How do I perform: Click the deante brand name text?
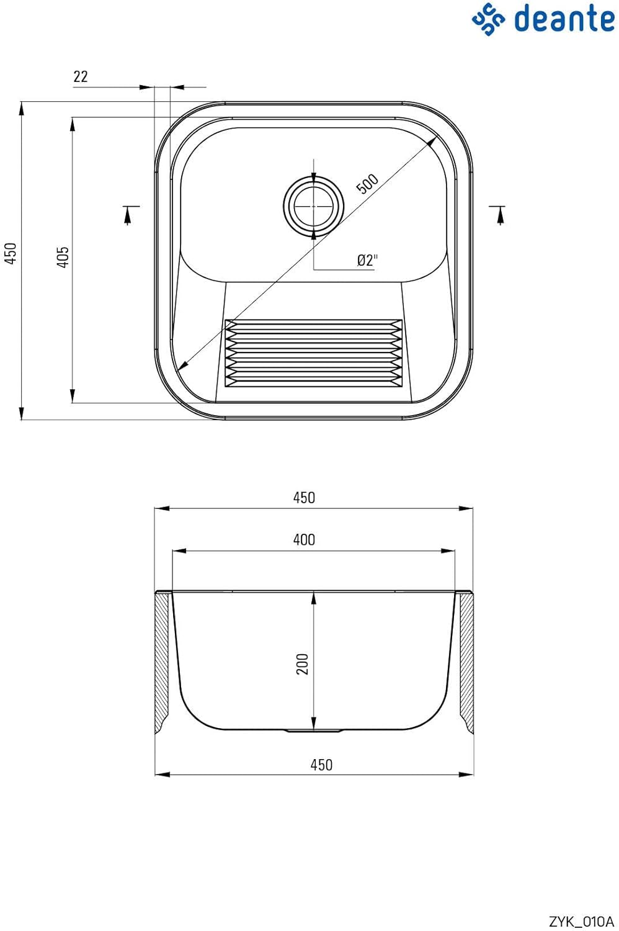[x=564, y=18]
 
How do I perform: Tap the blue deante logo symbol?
[x=488, y=19]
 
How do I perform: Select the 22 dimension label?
[x=81, y=76]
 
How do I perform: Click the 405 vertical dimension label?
[x=63, y=257]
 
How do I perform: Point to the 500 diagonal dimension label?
[x=367, y=183]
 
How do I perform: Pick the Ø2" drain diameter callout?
[x=368, y=261]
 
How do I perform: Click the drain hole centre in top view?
[x=314, y=205]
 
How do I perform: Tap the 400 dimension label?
[x=304, y=539]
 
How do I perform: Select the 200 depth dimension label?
[x=303, y=663]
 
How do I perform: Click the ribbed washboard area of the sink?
[x=314, y=353]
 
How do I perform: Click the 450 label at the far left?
[x=10, y=253]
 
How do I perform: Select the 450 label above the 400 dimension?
[x=304, y=498]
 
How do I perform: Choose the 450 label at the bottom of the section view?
[x=321, y=765]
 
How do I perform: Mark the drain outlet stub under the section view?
[x=314, y=731]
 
